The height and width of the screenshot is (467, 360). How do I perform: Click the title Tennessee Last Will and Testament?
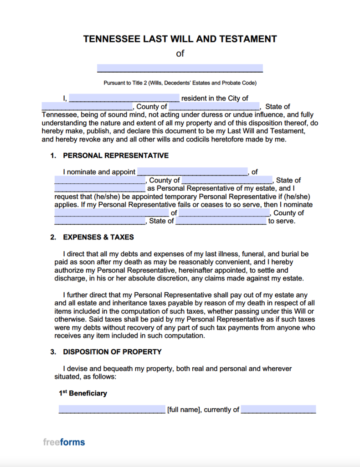[180, 39]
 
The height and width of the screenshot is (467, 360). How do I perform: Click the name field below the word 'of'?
[180, 68]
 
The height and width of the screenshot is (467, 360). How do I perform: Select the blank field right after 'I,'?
[124, 98]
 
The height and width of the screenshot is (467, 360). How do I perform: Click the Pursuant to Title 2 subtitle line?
[180, 83]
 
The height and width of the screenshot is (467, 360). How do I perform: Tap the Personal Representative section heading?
[116, 156]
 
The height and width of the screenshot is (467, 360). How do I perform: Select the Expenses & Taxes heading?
[98, 237]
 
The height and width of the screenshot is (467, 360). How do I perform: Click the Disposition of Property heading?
[112, 352]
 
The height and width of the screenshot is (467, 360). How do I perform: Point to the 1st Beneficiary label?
[83, 393]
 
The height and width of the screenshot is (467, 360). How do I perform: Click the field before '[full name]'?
[112, 410]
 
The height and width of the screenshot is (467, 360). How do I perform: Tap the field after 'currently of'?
[278, 410]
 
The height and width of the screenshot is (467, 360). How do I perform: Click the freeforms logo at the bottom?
[64, 442]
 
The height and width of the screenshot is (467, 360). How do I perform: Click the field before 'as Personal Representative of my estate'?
[100, 188]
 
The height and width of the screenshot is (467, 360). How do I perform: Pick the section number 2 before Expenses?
[53, 237]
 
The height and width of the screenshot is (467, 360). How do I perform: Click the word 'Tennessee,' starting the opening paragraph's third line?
[59, 115]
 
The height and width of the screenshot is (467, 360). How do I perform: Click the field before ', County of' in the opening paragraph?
[87, 107]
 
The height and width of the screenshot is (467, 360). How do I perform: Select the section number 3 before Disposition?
[53, 352]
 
